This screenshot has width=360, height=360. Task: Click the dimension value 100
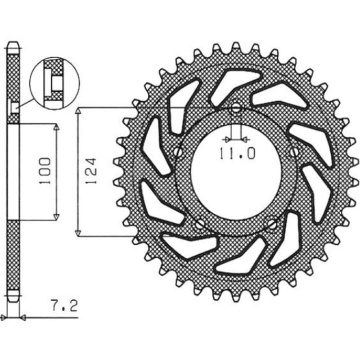click(45, 171)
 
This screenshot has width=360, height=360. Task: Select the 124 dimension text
click(90, 171)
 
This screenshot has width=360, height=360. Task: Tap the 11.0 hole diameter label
click(237, 154)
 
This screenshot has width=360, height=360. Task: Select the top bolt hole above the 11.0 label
click(236, 108)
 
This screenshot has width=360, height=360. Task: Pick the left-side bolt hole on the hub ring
click(179, 151)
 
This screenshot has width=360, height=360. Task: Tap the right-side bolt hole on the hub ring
click(294, 150)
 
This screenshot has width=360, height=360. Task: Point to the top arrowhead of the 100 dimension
click(56, 128)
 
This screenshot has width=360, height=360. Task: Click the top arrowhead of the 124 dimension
click(78, 112)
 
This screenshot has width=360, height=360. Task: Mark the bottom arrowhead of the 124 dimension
click(78, 232)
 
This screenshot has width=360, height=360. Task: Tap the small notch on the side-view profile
click(14, 107)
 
